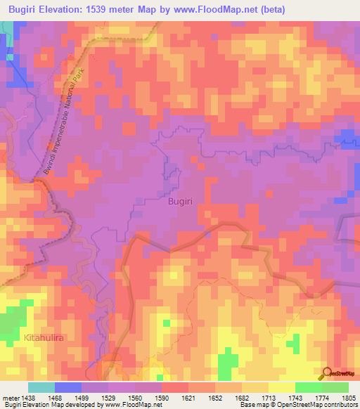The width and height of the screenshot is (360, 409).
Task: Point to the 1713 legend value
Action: coord(263,398)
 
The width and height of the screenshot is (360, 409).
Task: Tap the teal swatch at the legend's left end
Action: coord(41,388)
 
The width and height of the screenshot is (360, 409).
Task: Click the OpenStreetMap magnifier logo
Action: coord(328,373)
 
